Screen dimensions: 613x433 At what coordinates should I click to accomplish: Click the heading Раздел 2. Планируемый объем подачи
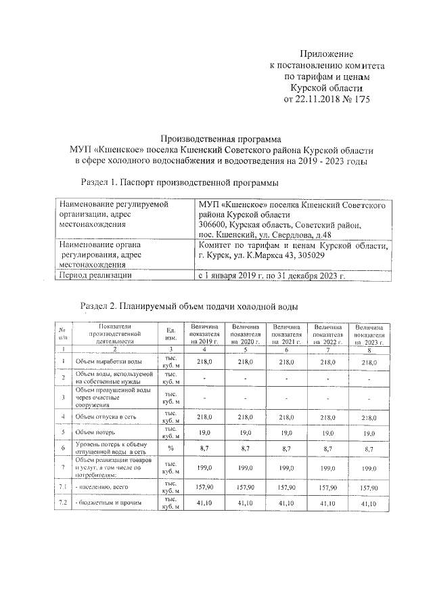tap(189, 307)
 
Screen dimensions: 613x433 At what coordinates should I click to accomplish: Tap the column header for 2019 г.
tap(204, 335)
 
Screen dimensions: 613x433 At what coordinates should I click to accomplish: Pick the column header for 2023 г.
tap(369, 335)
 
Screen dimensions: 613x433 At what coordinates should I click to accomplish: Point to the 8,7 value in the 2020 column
tap(246, 448)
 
